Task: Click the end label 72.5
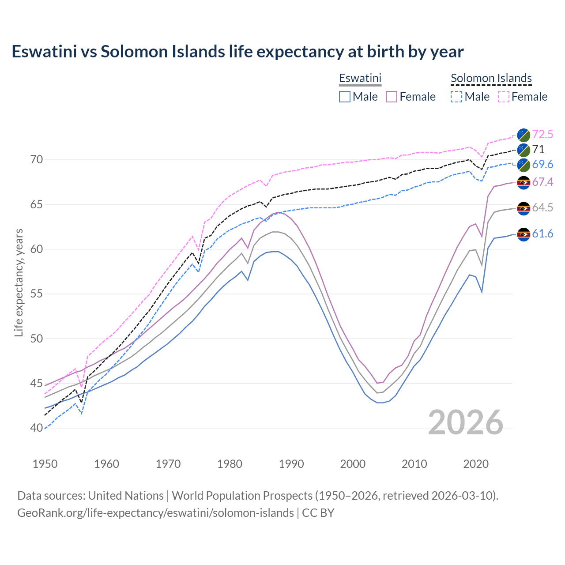pyautogui.click(x=542, y=134)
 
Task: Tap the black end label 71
pyautogui.click(x=538, y=149)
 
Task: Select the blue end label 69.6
pyautogui.click(x=542, y=164)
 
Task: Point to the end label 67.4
pyautogui.click(x=542, y=182)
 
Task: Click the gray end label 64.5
pyautogui.click(x=542, y=207)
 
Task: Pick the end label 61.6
pyautogui.click(x=542, y=234)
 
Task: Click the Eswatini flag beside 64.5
pyautogui.click(x=524, y=208)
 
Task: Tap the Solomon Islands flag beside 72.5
pyautogui.click(x=524, y=135)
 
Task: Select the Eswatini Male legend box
pyautogui.click(x=345, y=97)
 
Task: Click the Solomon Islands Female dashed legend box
pyautogui.click(x=504, y=97)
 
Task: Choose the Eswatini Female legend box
pyautogui.click(x=392, y=97)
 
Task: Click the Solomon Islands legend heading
pyautogui.click(x=491, y=78)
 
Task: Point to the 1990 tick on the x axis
pyautogui.click(x=291, y=464)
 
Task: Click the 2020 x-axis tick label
pyautogui.click(x=476, y=464)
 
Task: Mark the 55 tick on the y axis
pyautogui.click(x=37, y=294)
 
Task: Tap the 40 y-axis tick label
pyautogui.click(x=37, y=428)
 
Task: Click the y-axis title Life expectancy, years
pyautogui.click(x=19, y=282)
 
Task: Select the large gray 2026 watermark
pyautogui.click(x=466, y=422)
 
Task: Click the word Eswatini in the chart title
pyautogui.click(x=44, y=52)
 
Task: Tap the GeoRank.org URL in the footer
pyautogui.click(x=155, y=513)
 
